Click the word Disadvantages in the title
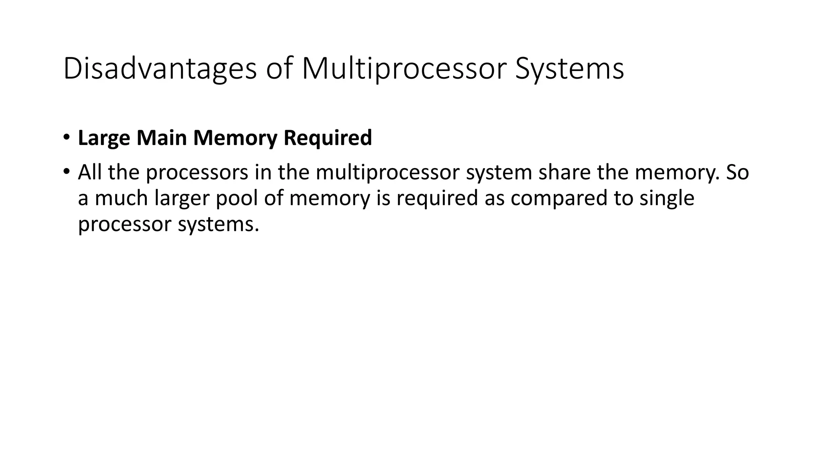(160, 69)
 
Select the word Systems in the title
(569, 69)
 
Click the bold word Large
(104, 138)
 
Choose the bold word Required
(328, 138)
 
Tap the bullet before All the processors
(66, 172)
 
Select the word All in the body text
(90, 172)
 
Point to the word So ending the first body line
(737, 172)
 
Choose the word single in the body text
(667, 199)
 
